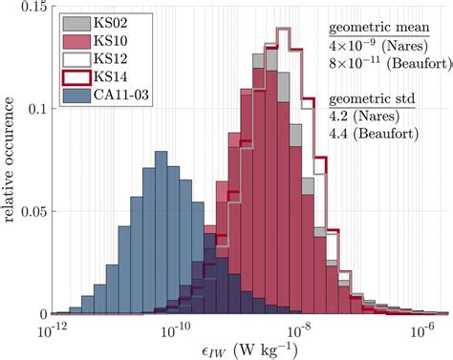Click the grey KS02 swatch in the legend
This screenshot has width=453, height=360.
pos(76,20)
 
